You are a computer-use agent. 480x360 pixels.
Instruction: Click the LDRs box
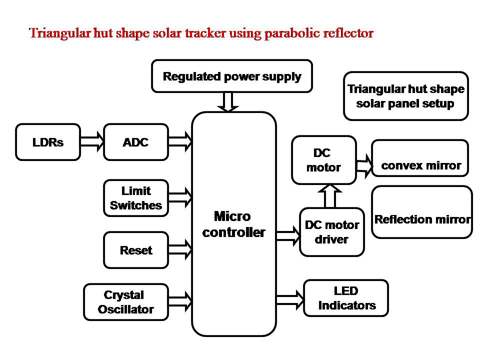point(48,142)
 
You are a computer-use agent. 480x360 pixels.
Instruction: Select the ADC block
point(136,142)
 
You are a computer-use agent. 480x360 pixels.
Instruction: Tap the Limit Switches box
point(136,198)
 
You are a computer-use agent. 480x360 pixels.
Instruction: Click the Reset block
point(136,250)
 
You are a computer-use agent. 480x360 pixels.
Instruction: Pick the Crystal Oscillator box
point(126,302)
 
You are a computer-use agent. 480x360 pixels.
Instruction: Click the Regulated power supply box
point(232,76)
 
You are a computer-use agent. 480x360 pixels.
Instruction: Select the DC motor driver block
point(332,232)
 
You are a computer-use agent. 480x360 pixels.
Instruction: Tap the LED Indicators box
point(346,298)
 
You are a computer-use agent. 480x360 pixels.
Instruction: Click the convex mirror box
point(420,158)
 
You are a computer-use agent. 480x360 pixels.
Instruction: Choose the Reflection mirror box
point(422,212)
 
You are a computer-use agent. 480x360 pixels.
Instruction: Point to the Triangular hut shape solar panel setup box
point(406,96)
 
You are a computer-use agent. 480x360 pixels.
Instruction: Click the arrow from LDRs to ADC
point(92,141)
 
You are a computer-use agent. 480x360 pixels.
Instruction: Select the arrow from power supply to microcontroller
point(228,102)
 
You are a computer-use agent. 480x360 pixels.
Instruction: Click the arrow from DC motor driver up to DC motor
point(330,196)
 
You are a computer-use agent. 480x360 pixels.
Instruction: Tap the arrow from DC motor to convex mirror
point(364,166)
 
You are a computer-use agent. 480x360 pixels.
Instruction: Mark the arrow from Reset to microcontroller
point(180,250)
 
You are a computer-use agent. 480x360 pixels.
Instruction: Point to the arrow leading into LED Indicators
point(290,300)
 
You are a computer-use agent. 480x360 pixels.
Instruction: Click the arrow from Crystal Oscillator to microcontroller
point(180,302)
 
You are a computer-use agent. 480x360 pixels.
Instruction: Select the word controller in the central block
point(233,232)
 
